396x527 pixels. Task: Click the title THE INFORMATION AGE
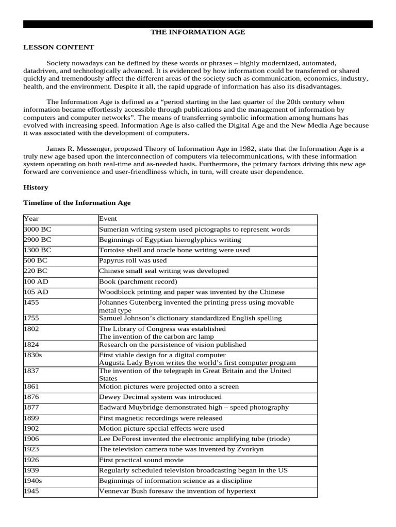tap(197, 32)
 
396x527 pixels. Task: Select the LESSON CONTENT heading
tap(59, 47)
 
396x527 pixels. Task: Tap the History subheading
tap(36, 187)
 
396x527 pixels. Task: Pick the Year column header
tap(31, 219)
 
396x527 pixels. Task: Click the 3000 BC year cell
tap(38, 230)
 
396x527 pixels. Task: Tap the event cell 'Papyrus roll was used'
tap(133, 260)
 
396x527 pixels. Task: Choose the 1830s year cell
tap(34, 355)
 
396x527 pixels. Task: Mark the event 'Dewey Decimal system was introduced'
tap(160, 397)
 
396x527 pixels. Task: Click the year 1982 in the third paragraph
tap(223, 149)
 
